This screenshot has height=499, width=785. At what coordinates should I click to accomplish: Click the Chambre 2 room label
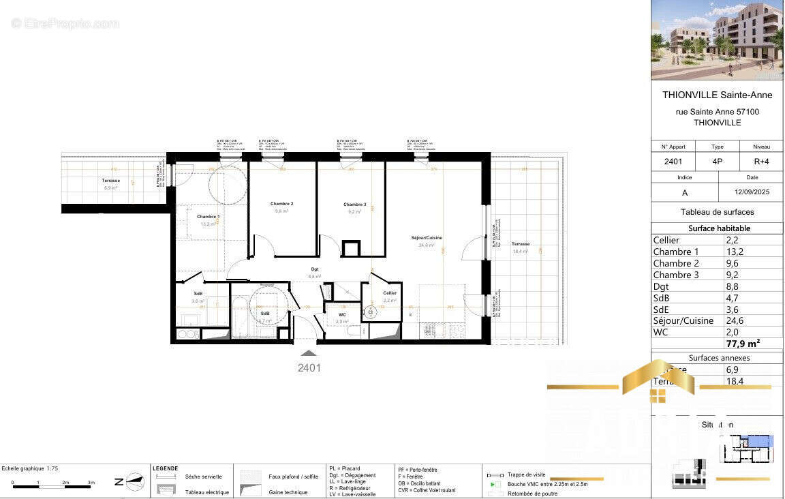point(281,204)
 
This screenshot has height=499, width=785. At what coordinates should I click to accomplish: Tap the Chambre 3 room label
point(354,205)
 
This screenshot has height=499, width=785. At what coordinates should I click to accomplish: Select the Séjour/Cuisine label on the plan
point(427,238)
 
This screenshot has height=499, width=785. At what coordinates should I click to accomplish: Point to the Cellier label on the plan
point(390,293)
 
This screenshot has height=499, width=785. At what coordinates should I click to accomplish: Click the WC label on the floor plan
point(342,314)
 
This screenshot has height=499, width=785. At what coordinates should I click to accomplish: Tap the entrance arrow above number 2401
point(309,353)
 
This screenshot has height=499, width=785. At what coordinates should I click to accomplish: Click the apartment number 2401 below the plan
point(309,367)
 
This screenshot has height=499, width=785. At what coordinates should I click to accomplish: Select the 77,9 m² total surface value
point(743,343)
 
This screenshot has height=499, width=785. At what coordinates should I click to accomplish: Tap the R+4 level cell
point(761,162)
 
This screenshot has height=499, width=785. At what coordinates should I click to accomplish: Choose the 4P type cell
point(718,162)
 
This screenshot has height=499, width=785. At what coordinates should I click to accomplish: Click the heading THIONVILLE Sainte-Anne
point(717,95)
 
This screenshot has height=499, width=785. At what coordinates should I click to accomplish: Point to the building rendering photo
point(717,40)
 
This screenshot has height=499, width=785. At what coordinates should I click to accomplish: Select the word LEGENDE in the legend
point(166,468)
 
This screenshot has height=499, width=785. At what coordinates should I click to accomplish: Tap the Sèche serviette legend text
point(203,477)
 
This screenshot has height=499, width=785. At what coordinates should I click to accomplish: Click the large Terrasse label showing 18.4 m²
point(521,244)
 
